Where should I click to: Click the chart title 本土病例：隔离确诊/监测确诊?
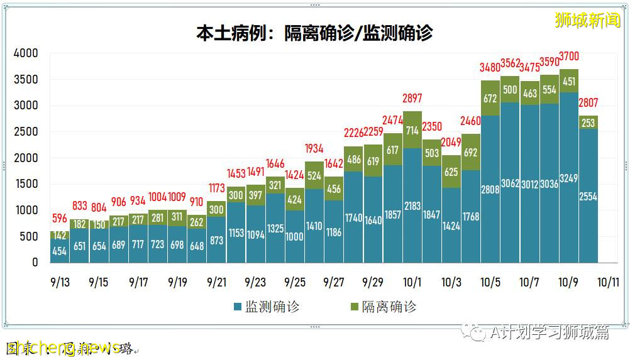point(314,32)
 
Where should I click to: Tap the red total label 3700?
point(568,60)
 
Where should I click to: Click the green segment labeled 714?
point(412,131)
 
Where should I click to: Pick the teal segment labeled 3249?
point(568,178)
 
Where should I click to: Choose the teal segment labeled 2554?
point(588,196)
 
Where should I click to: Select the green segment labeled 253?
point(588,123)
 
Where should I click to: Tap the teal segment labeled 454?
point(60,251)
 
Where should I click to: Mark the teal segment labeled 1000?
point(294,237)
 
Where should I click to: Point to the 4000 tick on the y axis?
point(26,53)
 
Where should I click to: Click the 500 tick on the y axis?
point(29,236)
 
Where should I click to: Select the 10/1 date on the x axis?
point(412,282)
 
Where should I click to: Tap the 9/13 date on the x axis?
point(60,282)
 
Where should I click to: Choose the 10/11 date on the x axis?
point(607,282)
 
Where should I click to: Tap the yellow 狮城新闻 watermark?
point(587,20)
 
